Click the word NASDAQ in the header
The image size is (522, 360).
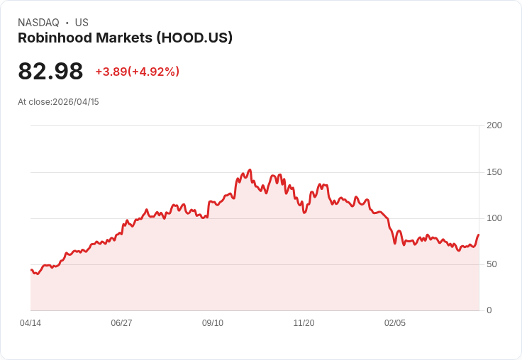click(38, 23)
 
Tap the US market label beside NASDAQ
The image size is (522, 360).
click(82, 23)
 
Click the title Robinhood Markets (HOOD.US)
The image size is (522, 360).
click(125, 38)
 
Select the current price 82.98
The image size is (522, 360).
click(50, 71)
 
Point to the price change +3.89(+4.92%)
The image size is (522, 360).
click(137, 72)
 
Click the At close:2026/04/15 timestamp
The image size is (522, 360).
click(58, 102)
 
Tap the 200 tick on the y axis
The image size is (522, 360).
click(494, 125)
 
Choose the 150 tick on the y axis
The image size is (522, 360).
click(494, 172)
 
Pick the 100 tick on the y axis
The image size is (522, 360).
click(494, 218)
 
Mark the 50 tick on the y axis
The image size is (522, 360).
click(492, 264)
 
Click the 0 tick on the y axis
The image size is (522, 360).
click(489, 310)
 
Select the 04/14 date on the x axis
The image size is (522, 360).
click(30, 323)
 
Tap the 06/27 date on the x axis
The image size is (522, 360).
click(121, 323)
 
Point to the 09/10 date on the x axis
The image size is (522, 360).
click(213, 323)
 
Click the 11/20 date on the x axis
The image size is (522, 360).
click(304, 323)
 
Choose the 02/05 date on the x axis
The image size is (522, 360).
click(395, 323)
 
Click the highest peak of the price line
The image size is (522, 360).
click(250, 170)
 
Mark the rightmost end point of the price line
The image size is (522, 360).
click(479, 235)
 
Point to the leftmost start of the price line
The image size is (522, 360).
click(30, 269)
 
